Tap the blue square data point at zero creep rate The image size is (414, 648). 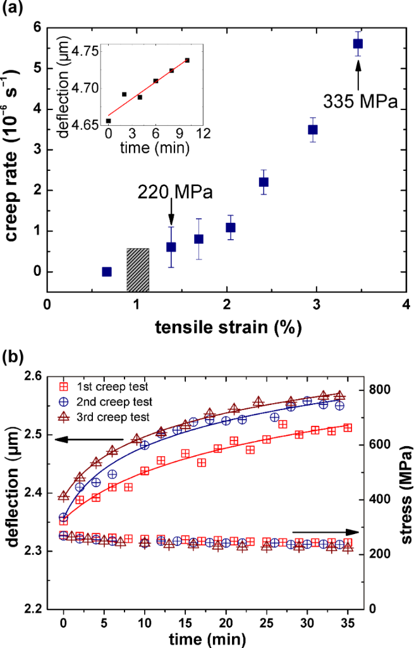[x=107, y=271]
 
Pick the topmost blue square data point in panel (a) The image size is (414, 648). [x=358, y=44]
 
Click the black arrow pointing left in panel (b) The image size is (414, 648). [x=88, y=439]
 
